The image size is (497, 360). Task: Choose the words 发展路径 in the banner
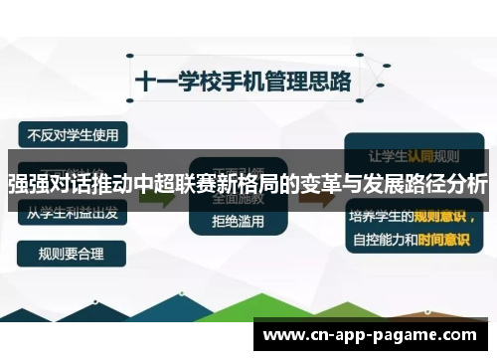click(x=409, y=185)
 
